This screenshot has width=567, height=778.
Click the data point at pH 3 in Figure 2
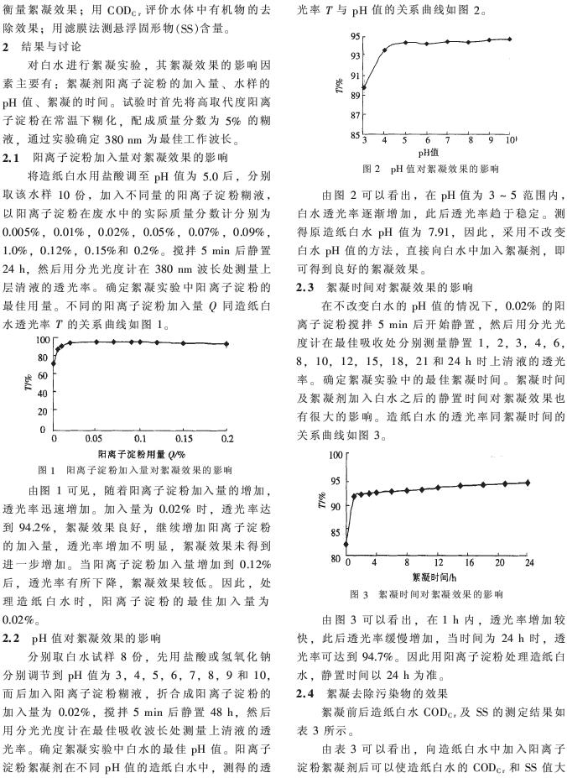[363, 87]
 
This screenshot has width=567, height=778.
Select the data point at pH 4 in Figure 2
[385, 50]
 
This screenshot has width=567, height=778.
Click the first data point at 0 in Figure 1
[54, 363]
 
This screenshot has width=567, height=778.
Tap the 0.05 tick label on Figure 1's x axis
[97, 439]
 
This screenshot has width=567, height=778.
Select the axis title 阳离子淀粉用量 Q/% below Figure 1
[140, 452]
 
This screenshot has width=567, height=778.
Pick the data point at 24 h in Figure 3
[528, 482]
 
